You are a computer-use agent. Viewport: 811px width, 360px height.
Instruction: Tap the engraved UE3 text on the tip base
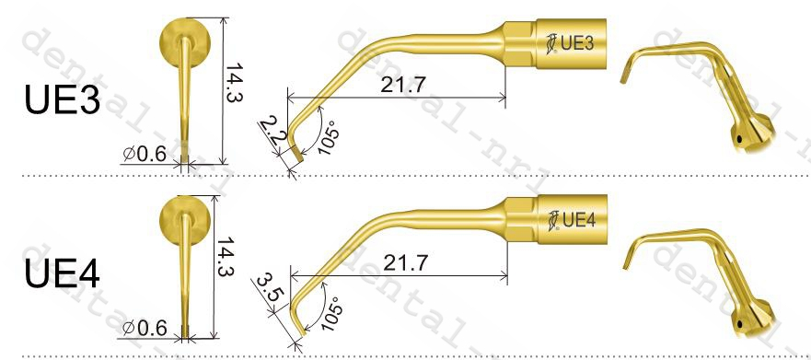click(x=580, y=41)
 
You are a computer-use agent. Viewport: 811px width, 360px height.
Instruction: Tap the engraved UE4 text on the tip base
click(x=581, y=219)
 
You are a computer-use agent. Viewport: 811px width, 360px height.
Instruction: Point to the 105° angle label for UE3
click(x=326, y=138)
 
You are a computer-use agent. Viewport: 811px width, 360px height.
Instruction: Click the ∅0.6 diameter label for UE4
click(x=145, y=327)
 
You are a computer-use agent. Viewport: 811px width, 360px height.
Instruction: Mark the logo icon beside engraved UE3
click(x=551, y=42)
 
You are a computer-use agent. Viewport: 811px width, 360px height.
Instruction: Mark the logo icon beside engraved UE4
click(x=552, y=220)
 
